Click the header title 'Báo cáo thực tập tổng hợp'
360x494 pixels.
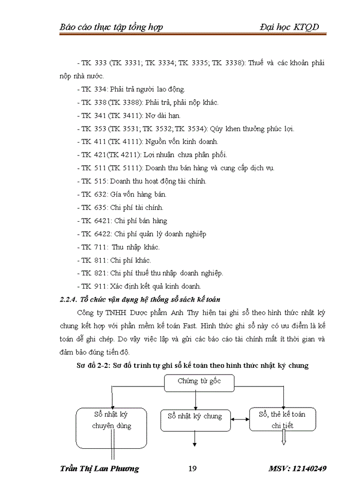click(x=111, y=27)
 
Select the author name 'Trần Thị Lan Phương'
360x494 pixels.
click(x=99, y=469)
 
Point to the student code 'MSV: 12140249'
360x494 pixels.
click(x=298, y=469)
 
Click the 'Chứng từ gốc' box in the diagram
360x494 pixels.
click(x=200, y=382)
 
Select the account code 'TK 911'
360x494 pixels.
click(x=93, y=286)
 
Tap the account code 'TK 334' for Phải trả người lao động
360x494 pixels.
click(x=93, y=89)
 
